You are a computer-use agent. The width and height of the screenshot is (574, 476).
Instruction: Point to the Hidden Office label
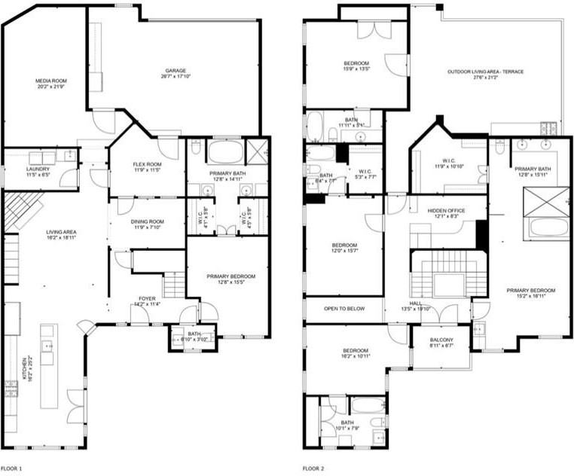(x=446, y=213)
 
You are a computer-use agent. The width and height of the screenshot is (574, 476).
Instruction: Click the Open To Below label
(x=344, y=308)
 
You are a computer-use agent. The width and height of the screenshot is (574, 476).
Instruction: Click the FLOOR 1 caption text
(x=11, y=469)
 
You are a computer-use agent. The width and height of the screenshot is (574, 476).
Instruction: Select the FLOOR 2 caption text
(x=313, y=469)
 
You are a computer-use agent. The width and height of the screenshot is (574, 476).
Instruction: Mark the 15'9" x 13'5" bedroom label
(x=356, y=66)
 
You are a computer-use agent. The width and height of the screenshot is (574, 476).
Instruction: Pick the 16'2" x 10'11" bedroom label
(x=356, y=354)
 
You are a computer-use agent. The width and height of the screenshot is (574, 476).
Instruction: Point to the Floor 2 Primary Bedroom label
(x=530, y=294)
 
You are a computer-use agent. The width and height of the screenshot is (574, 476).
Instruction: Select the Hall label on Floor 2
(x=416, y=305)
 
